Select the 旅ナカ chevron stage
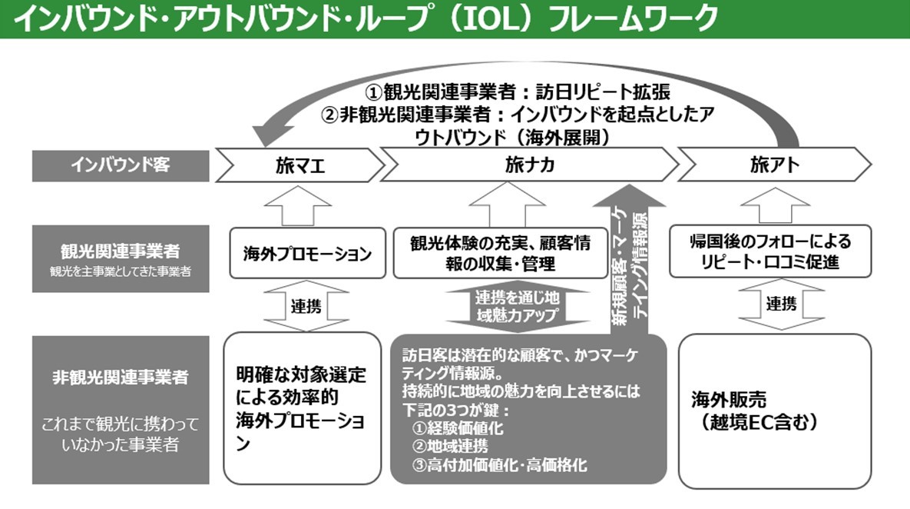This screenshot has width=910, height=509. tap(530, 165)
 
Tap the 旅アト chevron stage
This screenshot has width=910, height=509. tap(774, 165)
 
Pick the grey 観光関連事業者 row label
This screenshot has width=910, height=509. tap(121, 258)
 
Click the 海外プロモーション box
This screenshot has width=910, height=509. tap(306, 253)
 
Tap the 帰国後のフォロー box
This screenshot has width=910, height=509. tap(771, 251)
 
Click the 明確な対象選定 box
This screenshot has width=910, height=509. tap(303, 408)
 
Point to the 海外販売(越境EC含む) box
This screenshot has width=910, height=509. tap(774, 411)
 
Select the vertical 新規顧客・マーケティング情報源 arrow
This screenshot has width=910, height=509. tap(630, 261)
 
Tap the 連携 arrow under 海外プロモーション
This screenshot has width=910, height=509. tap(306, 305)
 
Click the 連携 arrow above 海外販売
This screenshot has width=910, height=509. tap(781, 304)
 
